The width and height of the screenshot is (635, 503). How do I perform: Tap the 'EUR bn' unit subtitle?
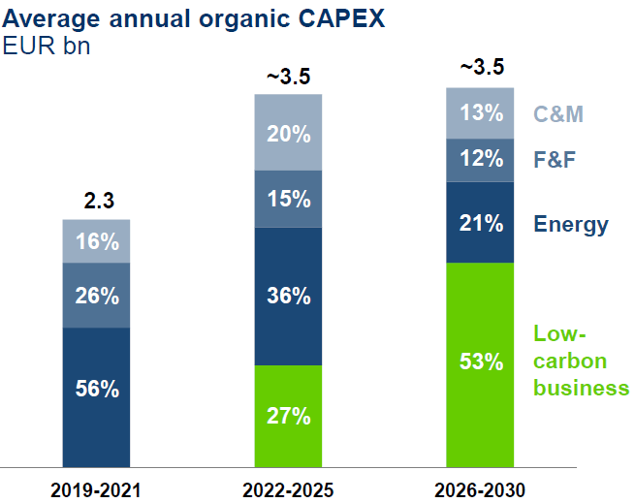(x=48, y=46)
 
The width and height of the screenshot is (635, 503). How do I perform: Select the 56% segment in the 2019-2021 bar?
(x=96, y=390)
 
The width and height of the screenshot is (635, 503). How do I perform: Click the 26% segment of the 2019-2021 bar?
(x=96, y=296)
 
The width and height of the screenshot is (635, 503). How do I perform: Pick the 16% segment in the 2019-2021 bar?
(x=96, y=241)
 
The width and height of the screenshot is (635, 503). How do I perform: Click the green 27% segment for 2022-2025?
(x=288, y=416)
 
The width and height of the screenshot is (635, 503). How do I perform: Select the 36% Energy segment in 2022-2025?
(x=288, y=297)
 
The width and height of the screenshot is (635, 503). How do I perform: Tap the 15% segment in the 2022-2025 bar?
(x=288, y=200)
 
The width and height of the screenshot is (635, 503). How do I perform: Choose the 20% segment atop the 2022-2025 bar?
(x=288, y=134)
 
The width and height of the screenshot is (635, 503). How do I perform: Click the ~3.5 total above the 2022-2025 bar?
(x=288, y=78)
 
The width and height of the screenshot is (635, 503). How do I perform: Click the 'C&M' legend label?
(x=558, y=114)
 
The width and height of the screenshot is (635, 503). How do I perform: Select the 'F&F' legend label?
(x=556, y=159)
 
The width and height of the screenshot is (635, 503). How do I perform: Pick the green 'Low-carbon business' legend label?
(x=581, y=362)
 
